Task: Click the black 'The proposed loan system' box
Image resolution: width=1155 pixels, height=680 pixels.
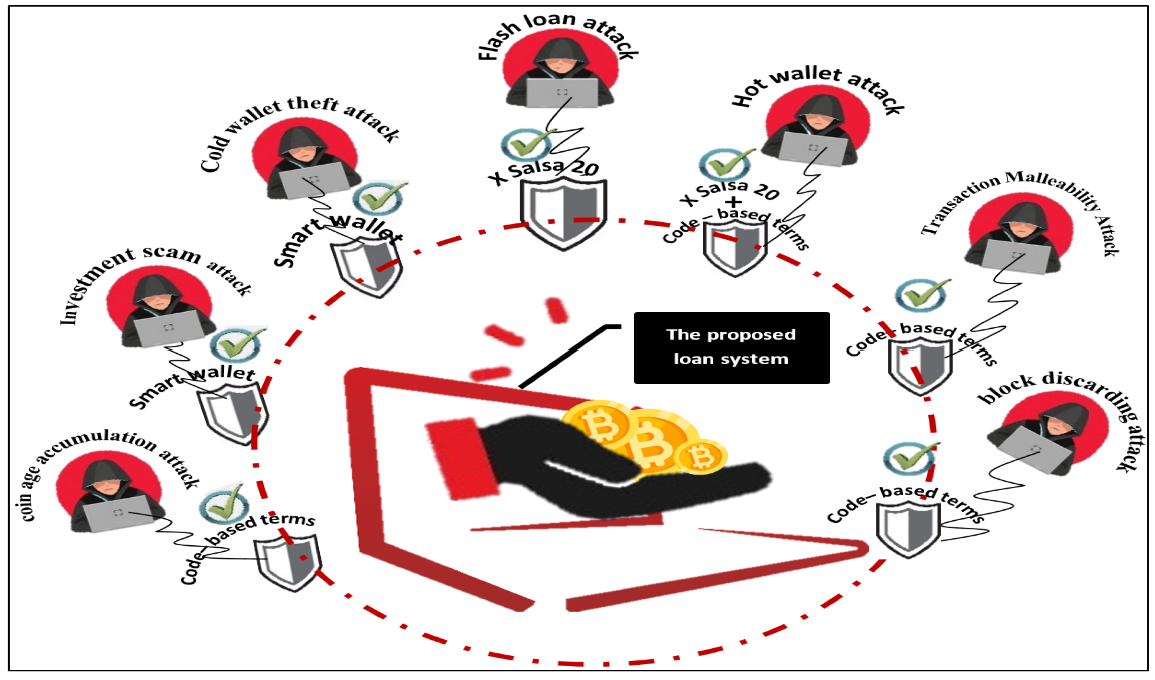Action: pyautogui.click(x=731, y=347)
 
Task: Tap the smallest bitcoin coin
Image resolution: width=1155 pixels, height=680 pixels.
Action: pyautogui.click(x=700, y=457)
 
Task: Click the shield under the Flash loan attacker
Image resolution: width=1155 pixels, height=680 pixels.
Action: pyautogui.click(x=563, y=213)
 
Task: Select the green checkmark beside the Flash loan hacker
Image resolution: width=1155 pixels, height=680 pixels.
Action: pyautogui.click(x=527, y=144)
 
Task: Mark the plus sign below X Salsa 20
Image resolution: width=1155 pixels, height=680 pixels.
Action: pyautogui.click(x=733, y=202)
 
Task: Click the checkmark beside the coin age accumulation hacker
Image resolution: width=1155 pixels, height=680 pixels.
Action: pyautogui.click(x=225, y=504)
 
